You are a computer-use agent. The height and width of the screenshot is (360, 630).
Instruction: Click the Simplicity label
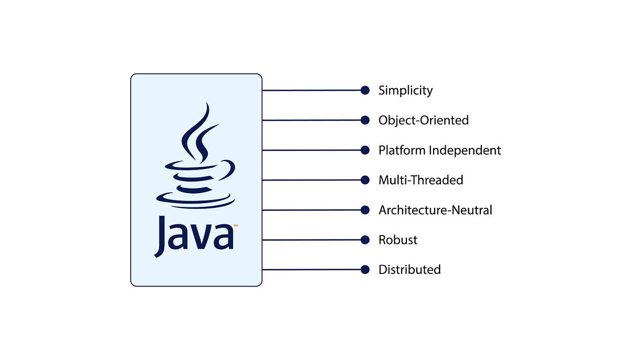click(405, 90)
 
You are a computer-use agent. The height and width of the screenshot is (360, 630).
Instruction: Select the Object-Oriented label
click(423, 120)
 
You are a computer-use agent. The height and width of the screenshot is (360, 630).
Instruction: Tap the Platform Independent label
click(439, 150)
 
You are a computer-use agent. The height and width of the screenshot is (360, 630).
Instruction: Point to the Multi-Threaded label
click(421, 180)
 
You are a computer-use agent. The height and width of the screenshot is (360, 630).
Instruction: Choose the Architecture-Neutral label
click(435, 210)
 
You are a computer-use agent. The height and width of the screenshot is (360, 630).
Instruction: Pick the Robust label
click(398, 240)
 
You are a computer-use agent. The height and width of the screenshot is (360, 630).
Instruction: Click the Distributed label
click(409, 270)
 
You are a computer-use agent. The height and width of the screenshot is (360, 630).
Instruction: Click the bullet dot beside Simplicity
click(365, 90)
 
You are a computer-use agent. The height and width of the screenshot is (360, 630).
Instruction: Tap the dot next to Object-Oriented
click(365, 120)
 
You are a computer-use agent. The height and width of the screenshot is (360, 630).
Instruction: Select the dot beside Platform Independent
click(365, 150)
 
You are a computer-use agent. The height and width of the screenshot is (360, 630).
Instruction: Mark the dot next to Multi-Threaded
click(365, 180)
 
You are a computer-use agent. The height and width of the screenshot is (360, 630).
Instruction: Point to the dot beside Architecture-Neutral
click(365, 210)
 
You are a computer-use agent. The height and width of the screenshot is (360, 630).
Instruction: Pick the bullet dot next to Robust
click(365, 240)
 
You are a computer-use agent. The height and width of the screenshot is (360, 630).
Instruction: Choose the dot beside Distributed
click(365, 270)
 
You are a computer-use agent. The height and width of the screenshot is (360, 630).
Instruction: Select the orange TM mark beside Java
click(236, 226)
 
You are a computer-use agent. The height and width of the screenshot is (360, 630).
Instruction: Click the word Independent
click(465, 150)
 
